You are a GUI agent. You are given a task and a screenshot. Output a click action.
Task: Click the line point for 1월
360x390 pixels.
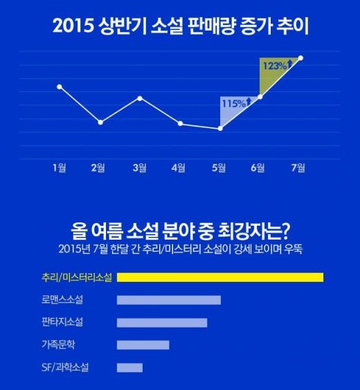click(60, 87)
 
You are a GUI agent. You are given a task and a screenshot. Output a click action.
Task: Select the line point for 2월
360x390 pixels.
click(100, 123)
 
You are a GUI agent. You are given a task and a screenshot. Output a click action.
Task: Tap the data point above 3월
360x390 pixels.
click(140, 98)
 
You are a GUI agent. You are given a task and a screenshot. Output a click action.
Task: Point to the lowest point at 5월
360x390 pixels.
click(220, 129)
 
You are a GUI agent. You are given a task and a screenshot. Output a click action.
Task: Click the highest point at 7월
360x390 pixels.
click(300, 58)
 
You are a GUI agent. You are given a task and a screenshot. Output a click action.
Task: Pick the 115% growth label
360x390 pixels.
click(234, 103)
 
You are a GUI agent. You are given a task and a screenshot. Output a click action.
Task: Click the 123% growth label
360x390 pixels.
click(275, 66)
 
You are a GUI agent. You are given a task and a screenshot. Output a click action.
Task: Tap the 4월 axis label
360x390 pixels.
click(178, 168)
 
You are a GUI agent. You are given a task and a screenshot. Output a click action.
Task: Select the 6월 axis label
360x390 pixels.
click(258, 168)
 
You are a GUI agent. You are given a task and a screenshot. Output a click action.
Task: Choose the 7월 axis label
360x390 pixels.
click(298, 168)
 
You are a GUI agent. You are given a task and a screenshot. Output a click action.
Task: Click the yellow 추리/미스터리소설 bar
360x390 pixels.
click(220, 277)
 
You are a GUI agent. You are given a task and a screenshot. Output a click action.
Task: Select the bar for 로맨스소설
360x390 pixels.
click(169, 300)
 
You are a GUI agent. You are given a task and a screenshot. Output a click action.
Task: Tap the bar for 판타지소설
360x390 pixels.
click(162, 323)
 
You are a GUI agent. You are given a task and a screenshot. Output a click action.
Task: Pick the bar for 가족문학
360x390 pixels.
click(143, 345)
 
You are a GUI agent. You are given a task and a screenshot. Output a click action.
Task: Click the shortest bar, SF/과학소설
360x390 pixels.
click(129, 368)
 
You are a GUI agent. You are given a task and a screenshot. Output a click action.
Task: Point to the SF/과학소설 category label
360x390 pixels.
click(65, 367)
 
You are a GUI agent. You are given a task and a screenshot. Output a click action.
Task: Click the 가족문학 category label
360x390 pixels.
click(58, 345)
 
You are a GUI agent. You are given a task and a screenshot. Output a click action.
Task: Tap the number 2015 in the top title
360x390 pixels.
click(73, 26)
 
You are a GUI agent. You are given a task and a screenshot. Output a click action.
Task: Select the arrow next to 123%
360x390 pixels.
click(289, 64)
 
